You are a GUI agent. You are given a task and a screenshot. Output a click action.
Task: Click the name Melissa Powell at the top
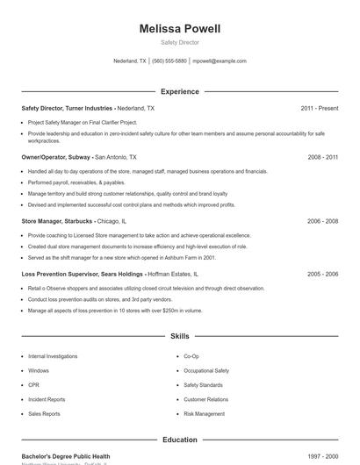[180, 29]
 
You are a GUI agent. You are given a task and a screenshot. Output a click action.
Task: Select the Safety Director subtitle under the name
[180, 42]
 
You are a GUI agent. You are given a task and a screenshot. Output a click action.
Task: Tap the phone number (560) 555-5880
[169, 61]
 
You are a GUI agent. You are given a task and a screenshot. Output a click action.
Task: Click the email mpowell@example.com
[220, 61]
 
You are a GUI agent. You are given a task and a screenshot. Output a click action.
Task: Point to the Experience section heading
[180, 91]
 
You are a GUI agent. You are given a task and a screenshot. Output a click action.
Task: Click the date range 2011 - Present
[319, 108]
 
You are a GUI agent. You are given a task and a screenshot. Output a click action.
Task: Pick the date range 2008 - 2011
[322, 156]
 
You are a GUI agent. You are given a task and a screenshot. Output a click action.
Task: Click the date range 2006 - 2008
[322, 222]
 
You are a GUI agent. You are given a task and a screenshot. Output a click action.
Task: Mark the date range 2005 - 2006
[322, 274]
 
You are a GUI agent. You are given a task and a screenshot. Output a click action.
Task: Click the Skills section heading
[180, 336]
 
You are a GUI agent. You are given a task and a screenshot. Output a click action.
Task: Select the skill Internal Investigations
[53, 357]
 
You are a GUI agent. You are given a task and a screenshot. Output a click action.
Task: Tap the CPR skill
[33, 385]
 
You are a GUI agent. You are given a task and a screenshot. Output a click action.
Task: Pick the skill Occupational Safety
[206, 371]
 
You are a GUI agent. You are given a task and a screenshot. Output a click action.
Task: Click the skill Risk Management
[205, 413]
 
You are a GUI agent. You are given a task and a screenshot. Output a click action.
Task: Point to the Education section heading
[180, 440]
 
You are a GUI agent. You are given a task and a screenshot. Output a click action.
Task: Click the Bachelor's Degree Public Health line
[66, 456]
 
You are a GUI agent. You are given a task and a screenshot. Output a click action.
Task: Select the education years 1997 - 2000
[322, 456]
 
